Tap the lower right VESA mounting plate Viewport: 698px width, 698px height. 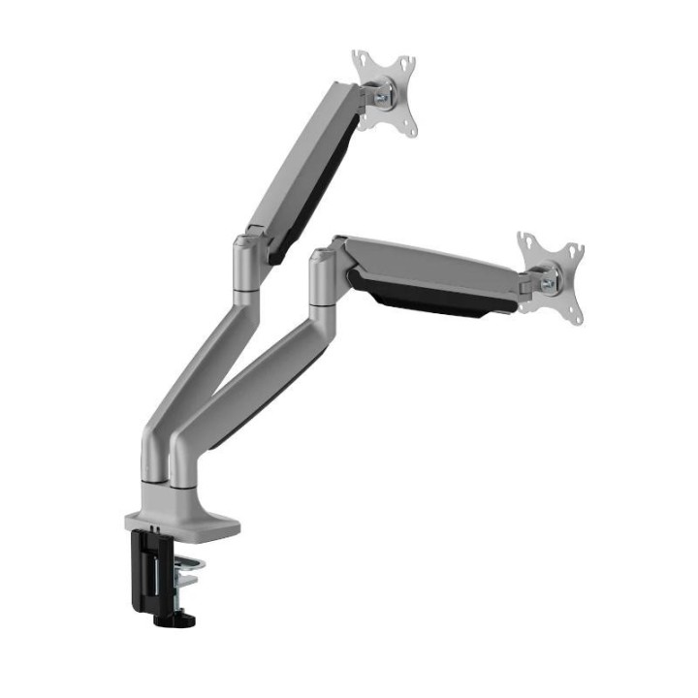[551, 277]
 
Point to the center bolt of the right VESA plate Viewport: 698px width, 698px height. [550, 282]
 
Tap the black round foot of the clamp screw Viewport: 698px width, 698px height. [185, 618]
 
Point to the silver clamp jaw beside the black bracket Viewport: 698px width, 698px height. [183, 572]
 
